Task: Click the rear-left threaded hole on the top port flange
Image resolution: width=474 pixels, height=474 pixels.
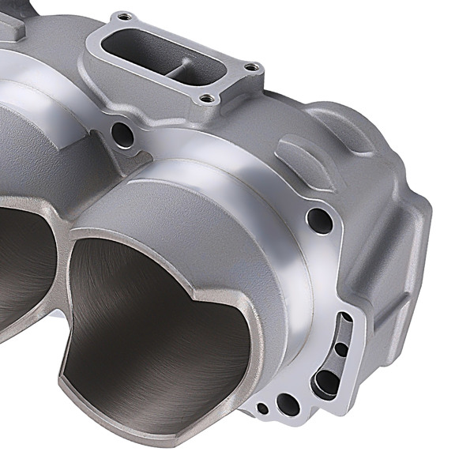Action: click(123, 17)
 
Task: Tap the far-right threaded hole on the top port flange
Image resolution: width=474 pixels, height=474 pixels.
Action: click(250, 68)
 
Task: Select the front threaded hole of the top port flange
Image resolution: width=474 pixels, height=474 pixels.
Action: click(207, 99)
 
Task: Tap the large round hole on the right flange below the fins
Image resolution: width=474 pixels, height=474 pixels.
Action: click(318, 217)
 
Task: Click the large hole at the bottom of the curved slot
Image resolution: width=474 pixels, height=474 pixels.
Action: click(325, 383)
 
